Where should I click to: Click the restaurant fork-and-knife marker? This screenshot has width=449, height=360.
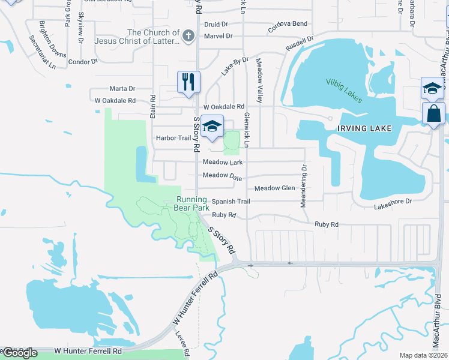188,82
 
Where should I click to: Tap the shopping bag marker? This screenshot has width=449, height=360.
433,113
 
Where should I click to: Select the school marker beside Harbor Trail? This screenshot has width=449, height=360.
211,126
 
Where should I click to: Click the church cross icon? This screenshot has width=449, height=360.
188,37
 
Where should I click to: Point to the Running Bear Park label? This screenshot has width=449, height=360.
191,203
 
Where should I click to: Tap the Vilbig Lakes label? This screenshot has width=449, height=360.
344,90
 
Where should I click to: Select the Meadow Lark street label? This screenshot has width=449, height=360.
222,162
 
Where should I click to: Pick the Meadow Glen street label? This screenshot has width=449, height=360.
274,188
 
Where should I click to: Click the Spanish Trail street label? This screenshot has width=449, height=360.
230,202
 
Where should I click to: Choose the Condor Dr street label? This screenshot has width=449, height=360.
83,62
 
